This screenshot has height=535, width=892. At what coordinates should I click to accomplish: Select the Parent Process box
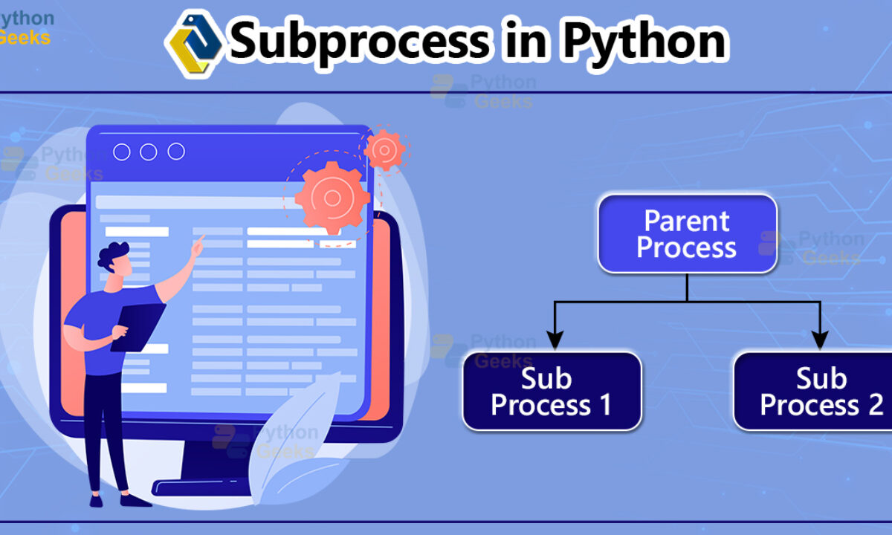tap(688, 233)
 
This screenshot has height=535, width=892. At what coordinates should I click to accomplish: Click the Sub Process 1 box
tap(552, 392)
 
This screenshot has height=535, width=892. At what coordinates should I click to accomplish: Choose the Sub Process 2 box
tap(813, 392)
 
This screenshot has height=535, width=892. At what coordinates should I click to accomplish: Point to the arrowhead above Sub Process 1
tap(555, 340)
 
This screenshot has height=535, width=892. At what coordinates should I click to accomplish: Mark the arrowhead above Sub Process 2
tap(820, 340)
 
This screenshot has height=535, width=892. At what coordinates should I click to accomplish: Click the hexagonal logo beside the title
tap(194, 44)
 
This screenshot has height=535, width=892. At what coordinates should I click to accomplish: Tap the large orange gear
tap(332, 198)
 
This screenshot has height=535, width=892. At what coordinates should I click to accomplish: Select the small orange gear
tap(384, 150)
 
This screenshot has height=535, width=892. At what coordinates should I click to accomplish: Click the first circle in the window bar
tap(121, 152)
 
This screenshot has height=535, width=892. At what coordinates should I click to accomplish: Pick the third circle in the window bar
tap(176, 152)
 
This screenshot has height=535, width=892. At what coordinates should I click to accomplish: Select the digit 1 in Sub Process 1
tap(606, 404)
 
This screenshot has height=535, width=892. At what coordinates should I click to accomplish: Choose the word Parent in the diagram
tap(687, 221)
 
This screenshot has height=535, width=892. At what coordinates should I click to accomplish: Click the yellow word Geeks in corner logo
tap(25, 38)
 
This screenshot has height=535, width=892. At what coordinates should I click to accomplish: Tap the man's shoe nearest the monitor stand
tap(135, 500)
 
